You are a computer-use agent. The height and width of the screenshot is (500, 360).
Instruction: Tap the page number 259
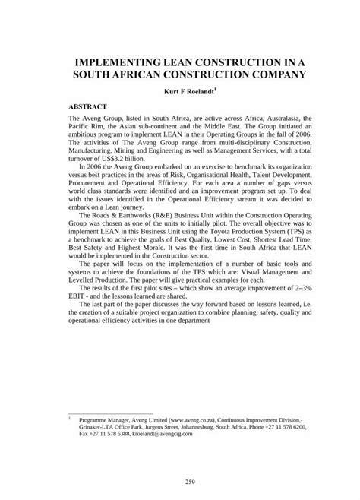(180, 479)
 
